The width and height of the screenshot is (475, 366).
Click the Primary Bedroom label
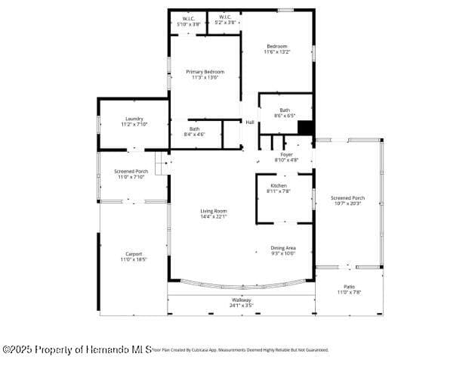coord(205,72)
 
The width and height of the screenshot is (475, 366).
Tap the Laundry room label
coord(134,119)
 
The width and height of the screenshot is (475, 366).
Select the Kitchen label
coord(279,185)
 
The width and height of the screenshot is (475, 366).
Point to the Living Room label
coord(213,211)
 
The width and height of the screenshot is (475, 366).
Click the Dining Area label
coord(283,248)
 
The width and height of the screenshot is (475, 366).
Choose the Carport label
coord(133,253)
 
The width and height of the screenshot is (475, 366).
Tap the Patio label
coord(349,287)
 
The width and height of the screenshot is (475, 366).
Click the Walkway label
coord(242,300)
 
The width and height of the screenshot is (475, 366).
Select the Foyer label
coord(286,154)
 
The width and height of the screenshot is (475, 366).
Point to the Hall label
coord(249,123)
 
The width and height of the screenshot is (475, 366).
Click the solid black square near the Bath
coord(305,128)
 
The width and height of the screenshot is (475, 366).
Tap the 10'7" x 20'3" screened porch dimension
coord(347,203)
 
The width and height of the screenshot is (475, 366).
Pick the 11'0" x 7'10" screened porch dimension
coord(130,177)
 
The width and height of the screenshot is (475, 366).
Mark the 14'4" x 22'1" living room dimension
coord(213,216)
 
